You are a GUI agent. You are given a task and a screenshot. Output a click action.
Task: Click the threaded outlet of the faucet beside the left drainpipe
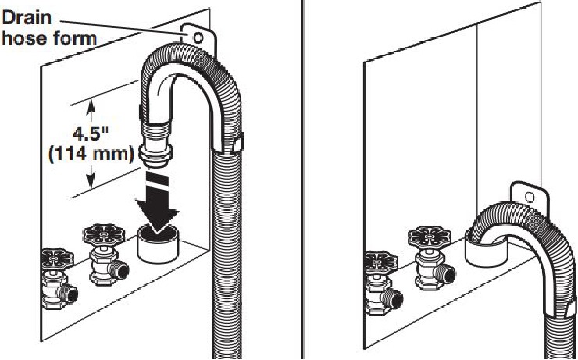119,272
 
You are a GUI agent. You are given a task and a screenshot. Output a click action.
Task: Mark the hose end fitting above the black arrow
156,141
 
